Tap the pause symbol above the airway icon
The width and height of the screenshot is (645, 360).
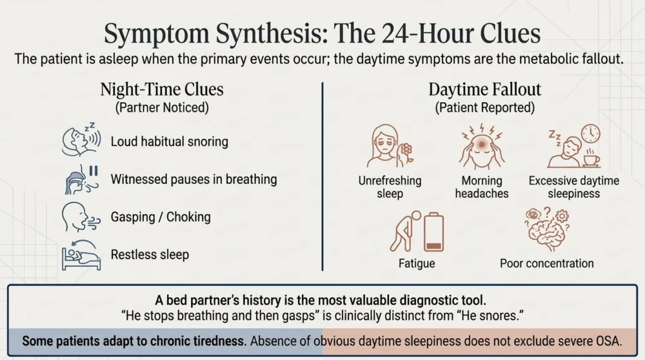pyautogui.click(x=94, y=171)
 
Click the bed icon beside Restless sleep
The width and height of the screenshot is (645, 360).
pyautogui.click(x=81, y=255)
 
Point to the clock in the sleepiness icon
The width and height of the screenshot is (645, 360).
pyautogui.click(x=590, y=134)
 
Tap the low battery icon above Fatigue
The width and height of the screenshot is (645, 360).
pyautogui.click(x=433, y=232)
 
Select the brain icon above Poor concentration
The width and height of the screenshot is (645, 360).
pyautogui.click(x=546, y=230)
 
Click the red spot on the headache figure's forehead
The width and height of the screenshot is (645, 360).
pyautogui.click(x=481, y=145)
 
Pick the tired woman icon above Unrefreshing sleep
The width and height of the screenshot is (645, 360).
pyautogui.click(x=390, y=146)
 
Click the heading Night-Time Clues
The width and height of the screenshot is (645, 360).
pyautogui.click(x=162, y=89)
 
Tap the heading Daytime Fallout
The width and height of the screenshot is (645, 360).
pyautogui.click(x=484, y=89)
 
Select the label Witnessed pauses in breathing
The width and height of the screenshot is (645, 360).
pyautogui.click(x=193, y=179)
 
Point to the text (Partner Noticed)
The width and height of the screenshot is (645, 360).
pyautogui.click(x=162, y=108)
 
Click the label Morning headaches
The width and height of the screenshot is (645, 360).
pyautogui.click(x=482, y=187)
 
